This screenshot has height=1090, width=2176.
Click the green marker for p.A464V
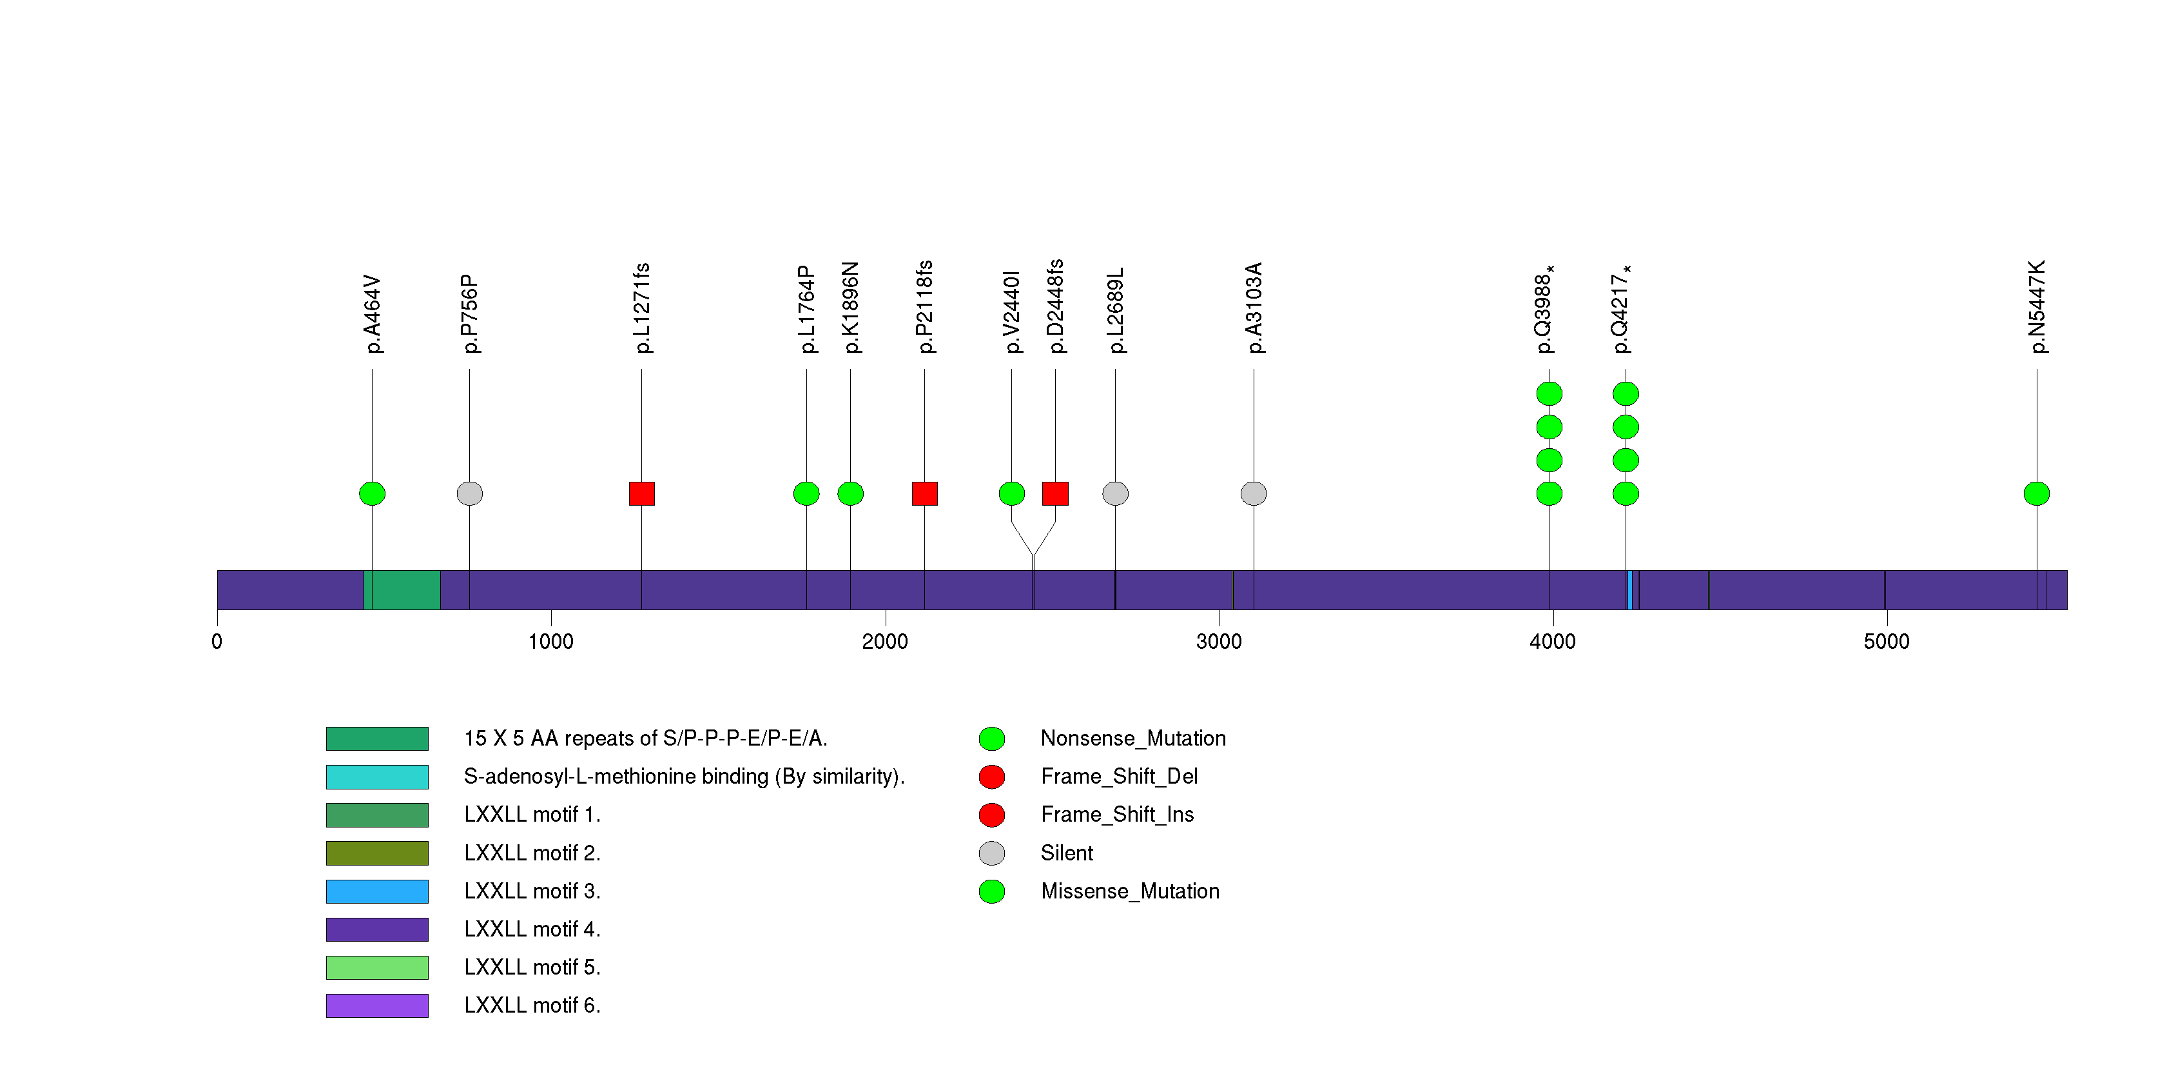pyautogui.click(x=372, y=493)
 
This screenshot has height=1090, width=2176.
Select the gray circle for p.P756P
pyautogui.click(x=470, y=493)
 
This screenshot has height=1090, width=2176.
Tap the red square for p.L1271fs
pyautogui.click(x=641, y=493)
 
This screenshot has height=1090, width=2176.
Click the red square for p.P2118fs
pyautogui.click(x=924, y=493)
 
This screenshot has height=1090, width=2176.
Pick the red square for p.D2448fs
pyautogui.click(x=1055, y=493)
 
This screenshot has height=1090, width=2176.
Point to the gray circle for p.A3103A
pyautogui.click(x=1254, y=493)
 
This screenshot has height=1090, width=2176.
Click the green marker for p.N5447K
pyautogui.click(x=2037, y=493)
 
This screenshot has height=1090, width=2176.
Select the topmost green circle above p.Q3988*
pyautogui.click(x=1549, y=393)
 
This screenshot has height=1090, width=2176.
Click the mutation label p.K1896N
pyautogui.click(x=851, y=308)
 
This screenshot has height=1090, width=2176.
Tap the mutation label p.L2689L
pyautogui.click(x=1116, y=311)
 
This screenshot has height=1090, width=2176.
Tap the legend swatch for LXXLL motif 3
pyautogui.click(x=377, y=891)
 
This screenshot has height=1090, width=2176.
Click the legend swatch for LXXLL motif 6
pyautogui.click(x=377, y=1006)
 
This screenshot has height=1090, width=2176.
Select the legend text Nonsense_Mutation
pyautogui.click(x=1132, y=738)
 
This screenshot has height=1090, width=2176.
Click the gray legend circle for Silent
pyautogui.click(x=992, y=853)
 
